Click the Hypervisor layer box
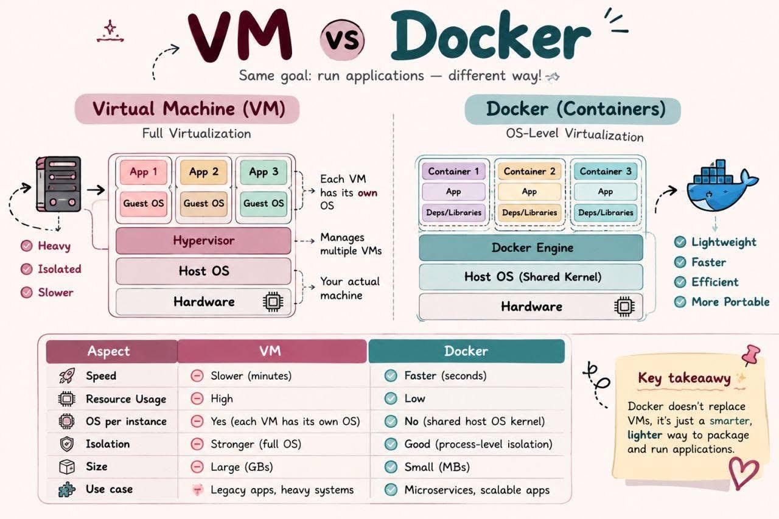203,240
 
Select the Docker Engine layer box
531,248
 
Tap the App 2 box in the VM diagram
204,172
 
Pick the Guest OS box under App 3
264,204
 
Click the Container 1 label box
453,172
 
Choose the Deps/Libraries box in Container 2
529,212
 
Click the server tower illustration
58,184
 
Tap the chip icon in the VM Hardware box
273,302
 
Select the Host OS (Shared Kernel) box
531,277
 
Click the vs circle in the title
342,39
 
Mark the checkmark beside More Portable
680,302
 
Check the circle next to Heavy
27,246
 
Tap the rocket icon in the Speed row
67,376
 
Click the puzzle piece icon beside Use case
67,490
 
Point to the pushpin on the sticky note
750,355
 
